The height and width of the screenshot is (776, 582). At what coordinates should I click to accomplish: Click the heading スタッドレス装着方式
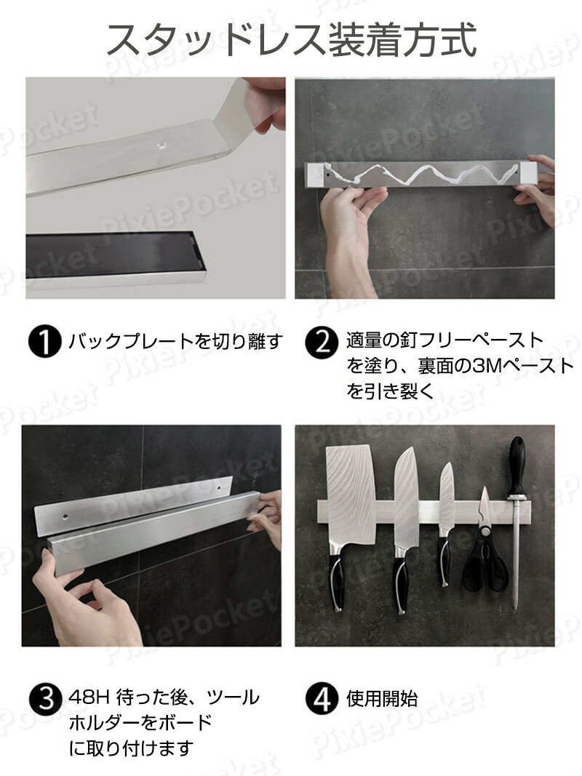click(292, 39)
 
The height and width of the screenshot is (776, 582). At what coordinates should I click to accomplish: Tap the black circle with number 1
click(44, 342)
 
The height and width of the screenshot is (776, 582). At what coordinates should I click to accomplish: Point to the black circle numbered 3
click(46, 699)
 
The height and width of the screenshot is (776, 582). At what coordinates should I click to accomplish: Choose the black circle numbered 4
click(322, 699)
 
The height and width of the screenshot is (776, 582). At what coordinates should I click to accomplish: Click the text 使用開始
click(382, 699)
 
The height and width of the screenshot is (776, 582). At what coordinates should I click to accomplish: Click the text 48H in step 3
click(89, 698)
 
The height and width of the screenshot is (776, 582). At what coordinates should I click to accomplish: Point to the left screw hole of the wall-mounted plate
click(65, 516)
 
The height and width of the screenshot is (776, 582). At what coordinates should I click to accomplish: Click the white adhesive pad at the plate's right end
click(528, 172)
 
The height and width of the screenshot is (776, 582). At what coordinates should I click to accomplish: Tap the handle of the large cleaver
click(338, 577)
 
